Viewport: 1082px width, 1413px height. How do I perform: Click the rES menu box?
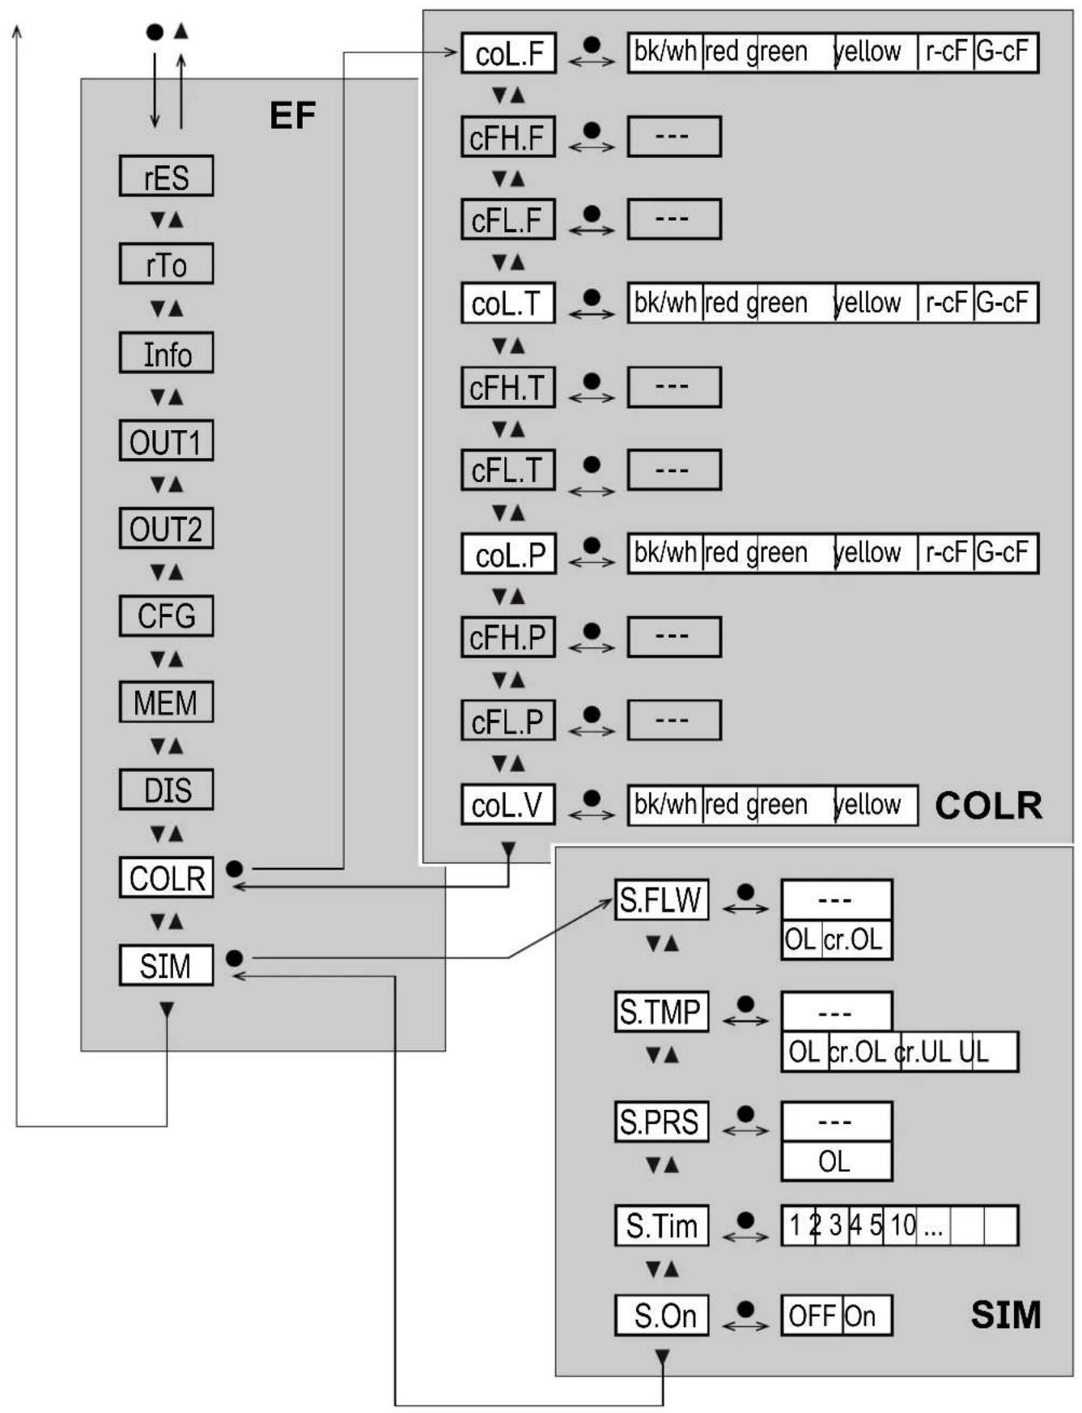tap(166, 177)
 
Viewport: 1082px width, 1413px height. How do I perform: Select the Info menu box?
tap(166, 353)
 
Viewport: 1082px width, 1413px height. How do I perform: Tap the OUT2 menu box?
tap(166, 529)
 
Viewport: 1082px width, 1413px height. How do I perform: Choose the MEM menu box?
tap(166, 702)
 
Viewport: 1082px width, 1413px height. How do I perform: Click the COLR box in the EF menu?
tap(166, 878)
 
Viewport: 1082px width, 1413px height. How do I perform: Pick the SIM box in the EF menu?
tap(166, 965)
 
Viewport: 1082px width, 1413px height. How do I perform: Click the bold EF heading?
tap(292, 115)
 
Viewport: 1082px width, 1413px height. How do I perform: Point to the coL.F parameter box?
tap(508, 53)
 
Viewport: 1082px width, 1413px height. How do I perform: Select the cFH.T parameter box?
tap(508, 388)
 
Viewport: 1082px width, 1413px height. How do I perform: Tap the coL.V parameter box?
tap(508, 805)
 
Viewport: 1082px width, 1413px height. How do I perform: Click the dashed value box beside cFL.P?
tap(673, 720)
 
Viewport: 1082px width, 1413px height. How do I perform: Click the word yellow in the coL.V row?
tap(868, 805)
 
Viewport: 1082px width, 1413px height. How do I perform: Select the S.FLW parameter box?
tap(661, 900)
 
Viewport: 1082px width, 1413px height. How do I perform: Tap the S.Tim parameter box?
tap(661, 1226)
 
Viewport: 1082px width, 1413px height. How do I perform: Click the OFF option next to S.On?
tap(812, 1316)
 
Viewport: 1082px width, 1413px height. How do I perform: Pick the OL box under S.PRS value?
tap(836, 1162)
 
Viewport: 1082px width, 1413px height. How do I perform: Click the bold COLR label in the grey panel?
tap(988, 806)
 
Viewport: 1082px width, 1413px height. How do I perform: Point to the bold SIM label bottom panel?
tap(1005, 1314)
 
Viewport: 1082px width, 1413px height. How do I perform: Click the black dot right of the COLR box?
tap(235, 868)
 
